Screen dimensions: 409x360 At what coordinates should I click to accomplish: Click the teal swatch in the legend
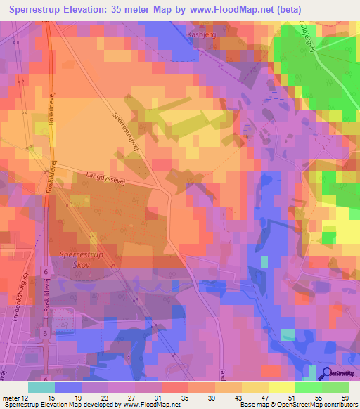[41, 387]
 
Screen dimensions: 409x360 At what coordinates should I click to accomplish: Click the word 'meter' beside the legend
[10, 398]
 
